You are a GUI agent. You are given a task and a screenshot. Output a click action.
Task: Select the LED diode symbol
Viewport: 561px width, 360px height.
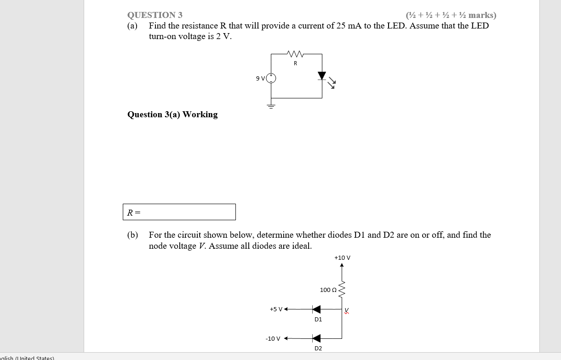pyautogui.click(x=322, y=76)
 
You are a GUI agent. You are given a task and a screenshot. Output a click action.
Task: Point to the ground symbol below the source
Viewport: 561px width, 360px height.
pyautogui.click(x=271, y=106)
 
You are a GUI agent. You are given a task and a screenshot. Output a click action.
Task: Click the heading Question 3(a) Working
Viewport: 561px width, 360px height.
pyautogui.click(x=172, y=114)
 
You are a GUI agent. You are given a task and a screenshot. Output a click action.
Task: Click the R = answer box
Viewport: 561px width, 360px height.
pyautogui.click(x=179, y=212)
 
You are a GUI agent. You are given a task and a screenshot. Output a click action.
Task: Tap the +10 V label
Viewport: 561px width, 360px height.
pyautogui.click(x=342, y=258)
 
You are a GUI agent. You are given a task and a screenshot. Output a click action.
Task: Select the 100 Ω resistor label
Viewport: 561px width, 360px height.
pyautogui.click(x=328, y=290)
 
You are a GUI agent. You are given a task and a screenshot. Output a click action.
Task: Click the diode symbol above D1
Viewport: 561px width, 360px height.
pyautogui.click(x=316, y=309)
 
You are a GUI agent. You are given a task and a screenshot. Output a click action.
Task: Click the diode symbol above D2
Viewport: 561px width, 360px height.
pyautogui.click(x=316, y=338)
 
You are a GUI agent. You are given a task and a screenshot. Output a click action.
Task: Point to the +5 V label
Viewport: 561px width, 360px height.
pyautogui.click(x=276, y=309)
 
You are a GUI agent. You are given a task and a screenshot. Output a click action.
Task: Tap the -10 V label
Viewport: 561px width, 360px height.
pyautogui.click(x=273, y=339)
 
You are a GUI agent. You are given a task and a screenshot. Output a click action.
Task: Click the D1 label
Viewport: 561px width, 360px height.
pyautogui.click(x=318, y=319)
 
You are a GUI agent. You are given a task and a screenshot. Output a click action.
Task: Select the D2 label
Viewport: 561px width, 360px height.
pyautogui.click(x=318, y=349)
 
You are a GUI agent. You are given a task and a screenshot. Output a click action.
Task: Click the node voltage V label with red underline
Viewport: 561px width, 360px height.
pyautogui.click(x=347, y=310)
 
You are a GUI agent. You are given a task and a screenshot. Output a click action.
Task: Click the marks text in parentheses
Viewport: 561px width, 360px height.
pyautogui.click(x=451, y=15)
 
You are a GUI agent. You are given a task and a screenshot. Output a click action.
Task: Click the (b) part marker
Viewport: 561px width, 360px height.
pyautogui.click(x=132, y=235)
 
